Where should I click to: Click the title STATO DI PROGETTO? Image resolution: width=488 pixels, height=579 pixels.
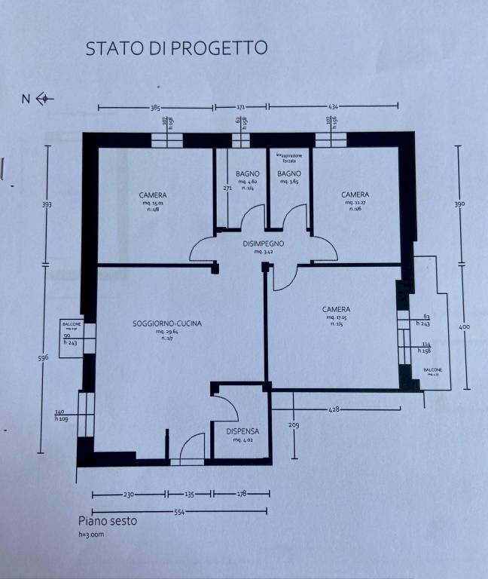coord(176,48)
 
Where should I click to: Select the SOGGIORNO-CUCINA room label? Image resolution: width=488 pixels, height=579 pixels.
coord(167,324)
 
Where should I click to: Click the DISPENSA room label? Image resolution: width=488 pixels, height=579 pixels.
coord(242,431)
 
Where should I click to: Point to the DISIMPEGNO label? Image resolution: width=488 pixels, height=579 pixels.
coord(263,244)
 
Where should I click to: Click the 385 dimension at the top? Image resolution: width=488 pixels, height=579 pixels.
coord(157,109)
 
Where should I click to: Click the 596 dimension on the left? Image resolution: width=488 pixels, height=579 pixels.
coord(44,358)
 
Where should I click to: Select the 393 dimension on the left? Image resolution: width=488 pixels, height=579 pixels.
coord(47,204)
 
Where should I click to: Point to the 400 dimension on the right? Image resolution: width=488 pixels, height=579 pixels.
coord(464,326)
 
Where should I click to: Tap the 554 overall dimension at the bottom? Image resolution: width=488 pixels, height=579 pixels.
coord(180,512)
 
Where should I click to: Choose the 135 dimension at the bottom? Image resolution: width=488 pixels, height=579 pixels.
coord(189,495)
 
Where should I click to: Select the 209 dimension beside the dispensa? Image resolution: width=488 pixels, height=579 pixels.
coord(294,425)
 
